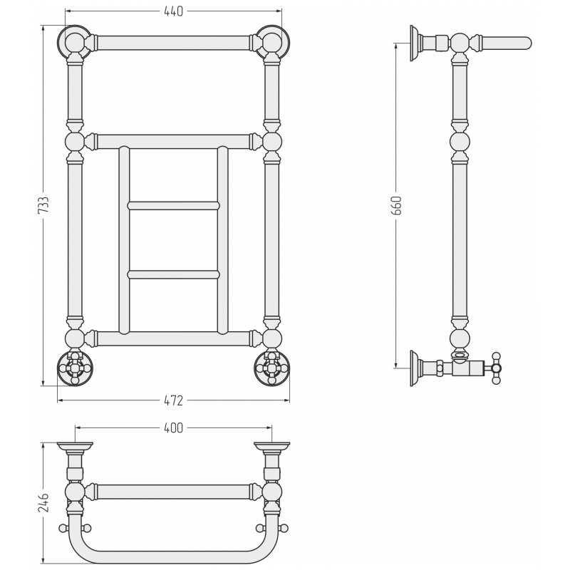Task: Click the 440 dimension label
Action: click(173, 11)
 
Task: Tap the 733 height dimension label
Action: click(43, 205)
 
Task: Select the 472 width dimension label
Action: click(173, 400)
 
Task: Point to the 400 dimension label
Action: click(173, 428)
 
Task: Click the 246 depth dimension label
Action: click(43, 503)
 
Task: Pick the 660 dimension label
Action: click(398, 205)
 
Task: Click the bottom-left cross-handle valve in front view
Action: click(75, 368)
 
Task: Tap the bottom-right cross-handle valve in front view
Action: click(272, 368)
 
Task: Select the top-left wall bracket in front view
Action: click(75, 43)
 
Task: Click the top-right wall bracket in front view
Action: click(272, 43)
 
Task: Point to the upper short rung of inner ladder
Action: click(173, 206)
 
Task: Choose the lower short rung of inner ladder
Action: click(173, 274)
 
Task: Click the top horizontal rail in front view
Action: click(173, 43)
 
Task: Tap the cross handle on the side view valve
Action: click(496, 368)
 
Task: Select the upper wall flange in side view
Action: click(415, 43)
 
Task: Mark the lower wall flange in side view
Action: click(415, 368)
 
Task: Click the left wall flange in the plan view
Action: click(75, 446)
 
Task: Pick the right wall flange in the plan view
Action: click(272, 446)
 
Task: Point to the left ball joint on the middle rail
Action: click(75, 141)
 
